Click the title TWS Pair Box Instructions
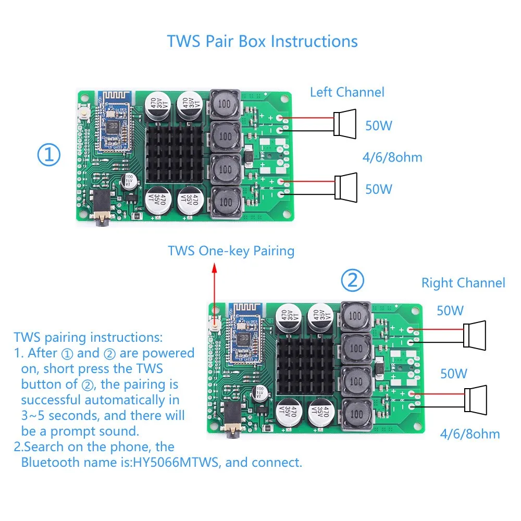coord(262,41)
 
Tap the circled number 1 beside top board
coord(49,155)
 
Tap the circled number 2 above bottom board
coord(353,281)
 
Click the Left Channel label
coord(347,92)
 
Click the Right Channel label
coord(463,283)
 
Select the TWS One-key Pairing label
coord(231,251)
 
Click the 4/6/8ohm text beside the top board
coord(392,157)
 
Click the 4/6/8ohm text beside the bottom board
coord(469,433)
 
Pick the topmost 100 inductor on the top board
coord(225,104)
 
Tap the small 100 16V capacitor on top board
coord(129,181)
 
